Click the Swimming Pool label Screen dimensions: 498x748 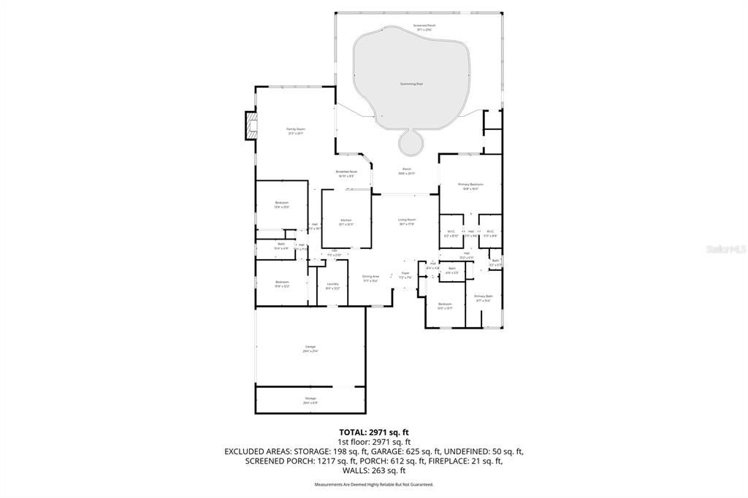(x=411, y=84)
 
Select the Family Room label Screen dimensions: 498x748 (x=295, y=131)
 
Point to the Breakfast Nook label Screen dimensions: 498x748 (x=346, y=173)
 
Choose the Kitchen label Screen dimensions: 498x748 (x=346, y=221)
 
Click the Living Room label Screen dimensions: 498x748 (x=406, y=221)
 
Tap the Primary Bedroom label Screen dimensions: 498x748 (x=470, y=186)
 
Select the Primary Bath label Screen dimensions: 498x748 (x=484, y=297)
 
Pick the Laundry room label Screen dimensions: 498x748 (x=332, y=286)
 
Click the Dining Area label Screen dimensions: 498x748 (x=370, y=278)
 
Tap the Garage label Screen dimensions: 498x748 (x=310, y=348)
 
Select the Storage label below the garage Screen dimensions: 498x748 (x=310, y=399)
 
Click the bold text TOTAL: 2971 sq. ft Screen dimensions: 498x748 (x=373, y=432)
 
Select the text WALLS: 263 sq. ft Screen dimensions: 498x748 (x=373, y=470)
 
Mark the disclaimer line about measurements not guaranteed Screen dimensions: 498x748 (x=373, y=484)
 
